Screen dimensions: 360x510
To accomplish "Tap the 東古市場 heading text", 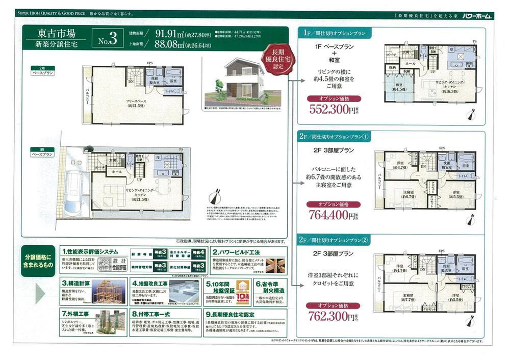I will pos(57,34).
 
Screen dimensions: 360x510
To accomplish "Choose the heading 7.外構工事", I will pos(78,314).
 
